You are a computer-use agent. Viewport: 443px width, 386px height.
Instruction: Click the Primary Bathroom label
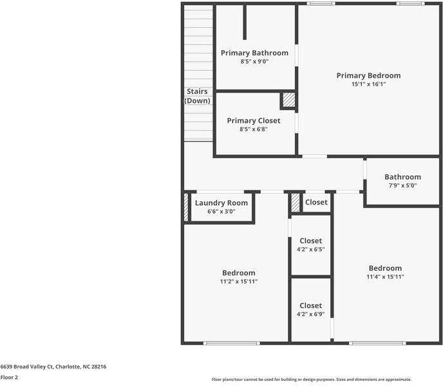click(254, 53)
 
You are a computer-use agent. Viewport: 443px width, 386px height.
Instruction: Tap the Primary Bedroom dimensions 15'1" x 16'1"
click(368, 84)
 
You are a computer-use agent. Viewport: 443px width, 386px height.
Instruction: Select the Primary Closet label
click(254, 120)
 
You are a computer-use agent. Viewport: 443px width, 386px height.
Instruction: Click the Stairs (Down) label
click(197, 96)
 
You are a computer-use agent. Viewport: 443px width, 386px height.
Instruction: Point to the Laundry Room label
click(221, 203)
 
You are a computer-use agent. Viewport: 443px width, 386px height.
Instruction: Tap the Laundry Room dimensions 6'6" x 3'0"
click(221, 211)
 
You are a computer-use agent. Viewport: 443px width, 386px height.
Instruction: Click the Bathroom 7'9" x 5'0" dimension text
click(402, 185)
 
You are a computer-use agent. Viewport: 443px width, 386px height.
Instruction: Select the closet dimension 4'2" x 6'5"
click(310, 249)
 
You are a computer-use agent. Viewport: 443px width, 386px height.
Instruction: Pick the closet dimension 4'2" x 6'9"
click(310, 314)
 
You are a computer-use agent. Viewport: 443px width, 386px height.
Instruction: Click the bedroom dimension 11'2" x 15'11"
click(239, 281)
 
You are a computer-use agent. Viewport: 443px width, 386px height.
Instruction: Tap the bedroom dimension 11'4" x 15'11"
click(385, 277)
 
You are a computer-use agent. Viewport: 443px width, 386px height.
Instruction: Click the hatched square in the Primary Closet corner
click(288, 100)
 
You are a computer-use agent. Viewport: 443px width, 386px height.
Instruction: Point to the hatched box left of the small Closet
click(296, 203)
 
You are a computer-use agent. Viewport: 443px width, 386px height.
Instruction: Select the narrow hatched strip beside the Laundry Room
click(186, 207)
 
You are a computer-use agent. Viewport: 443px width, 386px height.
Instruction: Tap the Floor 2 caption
click(9, 377)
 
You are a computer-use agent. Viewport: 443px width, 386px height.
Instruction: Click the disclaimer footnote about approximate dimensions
click(312, 380)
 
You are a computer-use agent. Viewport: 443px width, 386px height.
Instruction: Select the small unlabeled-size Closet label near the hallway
click(316, 202)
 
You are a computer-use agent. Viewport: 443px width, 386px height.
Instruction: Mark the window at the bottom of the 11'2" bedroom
click(232, 343)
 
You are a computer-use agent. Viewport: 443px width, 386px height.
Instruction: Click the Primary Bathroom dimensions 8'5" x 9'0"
click(254, 61)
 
